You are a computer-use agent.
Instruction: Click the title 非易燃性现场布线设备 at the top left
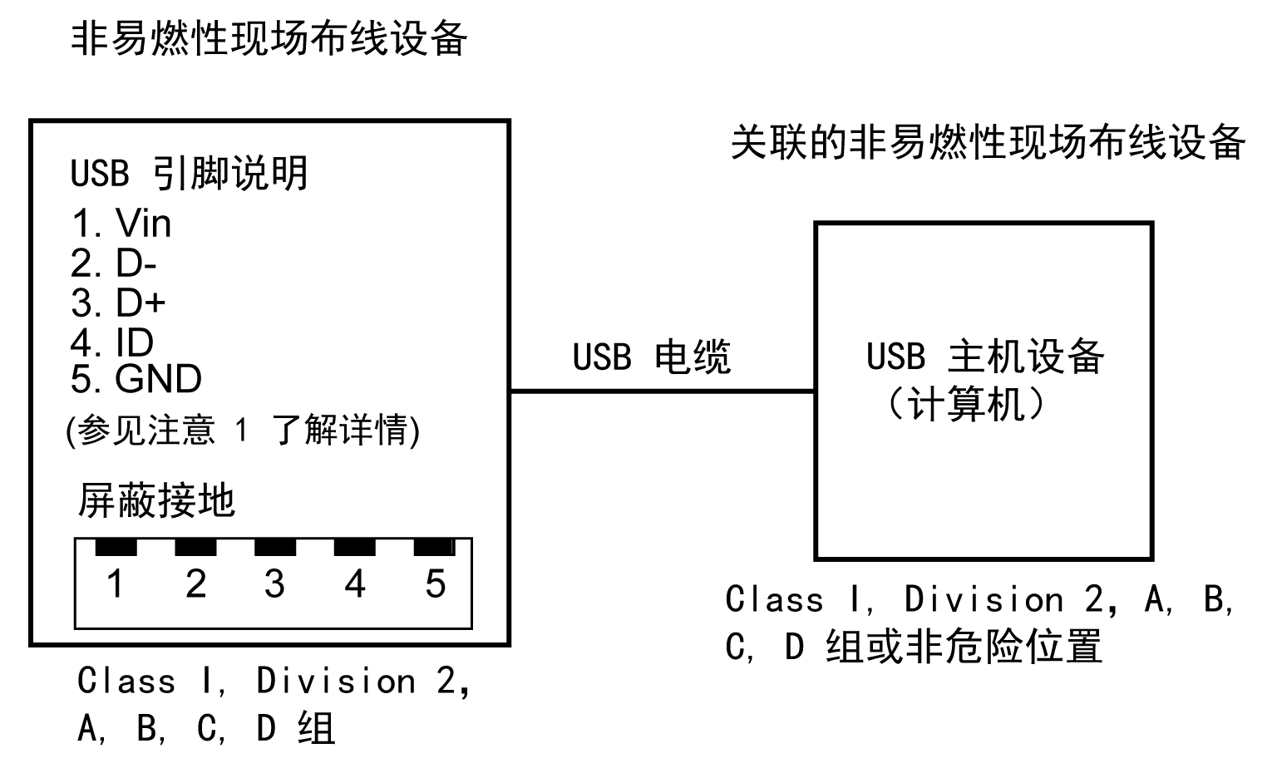269,38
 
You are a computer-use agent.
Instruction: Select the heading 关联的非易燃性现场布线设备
987,142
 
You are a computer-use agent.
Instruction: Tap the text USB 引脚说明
190,173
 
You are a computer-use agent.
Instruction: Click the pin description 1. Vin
121,224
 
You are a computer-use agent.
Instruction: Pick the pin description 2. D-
114,264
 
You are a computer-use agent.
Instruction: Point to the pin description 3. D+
118,303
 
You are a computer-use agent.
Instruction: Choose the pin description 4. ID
111,342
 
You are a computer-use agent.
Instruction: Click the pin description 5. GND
136,380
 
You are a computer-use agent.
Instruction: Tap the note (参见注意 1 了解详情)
242,431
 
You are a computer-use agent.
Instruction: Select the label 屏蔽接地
156,501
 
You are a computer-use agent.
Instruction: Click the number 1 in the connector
116,583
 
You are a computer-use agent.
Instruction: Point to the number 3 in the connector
274,583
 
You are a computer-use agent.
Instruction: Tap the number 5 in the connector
435,583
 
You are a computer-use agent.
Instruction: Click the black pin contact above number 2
195,547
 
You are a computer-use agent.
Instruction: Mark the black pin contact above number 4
355,547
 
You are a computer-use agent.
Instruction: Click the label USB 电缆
651,357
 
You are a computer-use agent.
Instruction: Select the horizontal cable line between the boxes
662,391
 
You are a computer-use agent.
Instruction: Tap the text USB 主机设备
984,357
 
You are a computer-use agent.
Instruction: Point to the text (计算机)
964,405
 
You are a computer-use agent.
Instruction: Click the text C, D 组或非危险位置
913,647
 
